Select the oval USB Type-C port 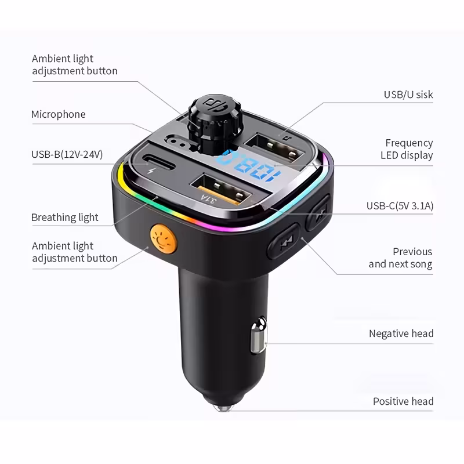pyautogui.click(x=156, y=161)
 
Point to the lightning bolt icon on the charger pyautogui.click(x=151, y=171)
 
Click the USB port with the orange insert pyautogui.click(x=221, y=190)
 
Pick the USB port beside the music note pyautogui.click(x=274, y=147)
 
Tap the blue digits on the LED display pyautogui.click(x=248, y=166)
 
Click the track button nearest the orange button pyautogui.click(x=284, y=241)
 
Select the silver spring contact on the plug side pyautogui.click(x=259, y=335)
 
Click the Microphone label pyautogui.click(x=59, y=114)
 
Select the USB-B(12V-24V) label pyautogui.click(x=67, y=154)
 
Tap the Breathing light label pyautogui.click(x=64, y=217)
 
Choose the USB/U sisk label pyautogui.click(x=408, y=95)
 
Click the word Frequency pyautogui.click(x=409, y=143)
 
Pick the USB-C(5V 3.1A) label pyautogui.click(x=400, y=206)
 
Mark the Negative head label pyautogui.click(x=401, y=333)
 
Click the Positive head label pyautogui.click(x=403, y=401)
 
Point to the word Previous pyautogui.click(x=412, y=252)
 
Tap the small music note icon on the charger pyautogui.click(x=287, y=138)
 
